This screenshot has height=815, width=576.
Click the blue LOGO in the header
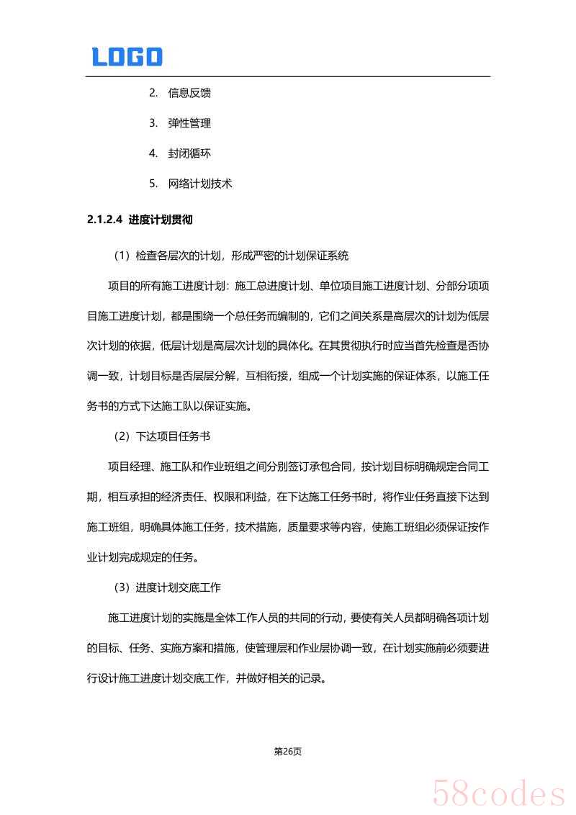pos(127,57)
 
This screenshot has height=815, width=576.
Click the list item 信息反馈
pos(189,93)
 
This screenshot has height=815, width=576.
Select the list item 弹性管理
pos(189,123)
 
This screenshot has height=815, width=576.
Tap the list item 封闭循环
pos(189,153)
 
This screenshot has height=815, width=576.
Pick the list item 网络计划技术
pos(200,184)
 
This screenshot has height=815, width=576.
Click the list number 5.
pos(153,184)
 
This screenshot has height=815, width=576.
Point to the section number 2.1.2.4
pos(105,220)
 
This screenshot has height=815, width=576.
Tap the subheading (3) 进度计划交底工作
pos(167,587)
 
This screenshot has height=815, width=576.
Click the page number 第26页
pos(288,752)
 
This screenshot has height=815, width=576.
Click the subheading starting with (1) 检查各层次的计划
pos(230,255)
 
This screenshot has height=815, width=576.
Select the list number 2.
pos(153,93)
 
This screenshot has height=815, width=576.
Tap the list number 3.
pos(153,123)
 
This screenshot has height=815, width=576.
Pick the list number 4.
pos(153,153)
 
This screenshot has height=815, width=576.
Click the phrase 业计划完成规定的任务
pos(142,557)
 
